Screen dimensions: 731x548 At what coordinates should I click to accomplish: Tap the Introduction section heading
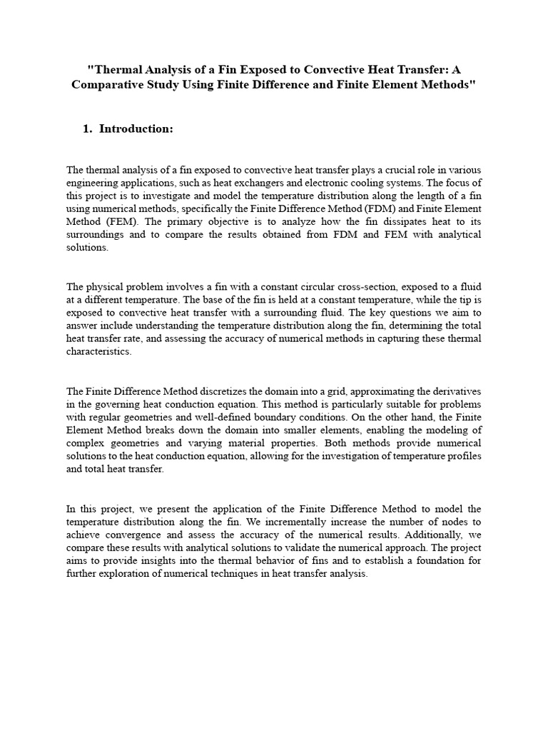(136, 129)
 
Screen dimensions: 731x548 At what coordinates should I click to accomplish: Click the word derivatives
(457, 391)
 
